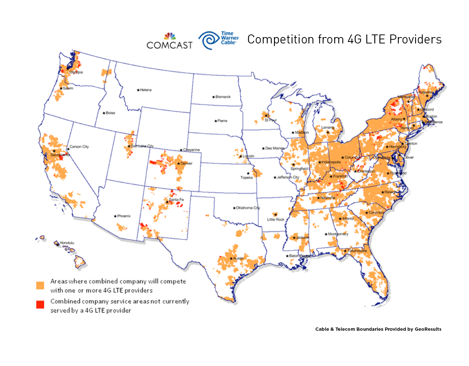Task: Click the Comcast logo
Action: point(170,42)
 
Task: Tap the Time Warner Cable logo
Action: point(219,40)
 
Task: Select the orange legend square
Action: point(40,285)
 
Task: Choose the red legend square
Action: point(40,305)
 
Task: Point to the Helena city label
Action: point(146,90)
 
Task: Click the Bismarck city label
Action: point(223,97)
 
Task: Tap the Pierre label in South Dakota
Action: point(222,121)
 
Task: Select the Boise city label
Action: point(110,113)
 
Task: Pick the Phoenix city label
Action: point(124,216)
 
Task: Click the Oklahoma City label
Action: point(247,208)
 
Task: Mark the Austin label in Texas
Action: point(238,258)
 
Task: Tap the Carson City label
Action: point(79,146)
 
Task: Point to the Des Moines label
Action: point(274,148)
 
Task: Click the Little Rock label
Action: point(275,220)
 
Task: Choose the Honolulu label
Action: point(67,243)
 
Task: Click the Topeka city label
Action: point(246,178)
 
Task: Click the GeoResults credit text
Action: point(378,329)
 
